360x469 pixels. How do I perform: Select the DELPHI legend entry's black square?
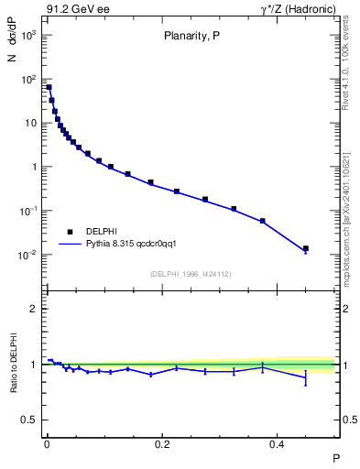click(70, 232)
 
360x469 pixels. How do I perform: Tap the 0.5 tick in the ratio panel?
click(29, 420)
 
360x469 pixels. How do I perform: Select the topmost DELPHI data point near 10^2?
click(49, 88)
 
